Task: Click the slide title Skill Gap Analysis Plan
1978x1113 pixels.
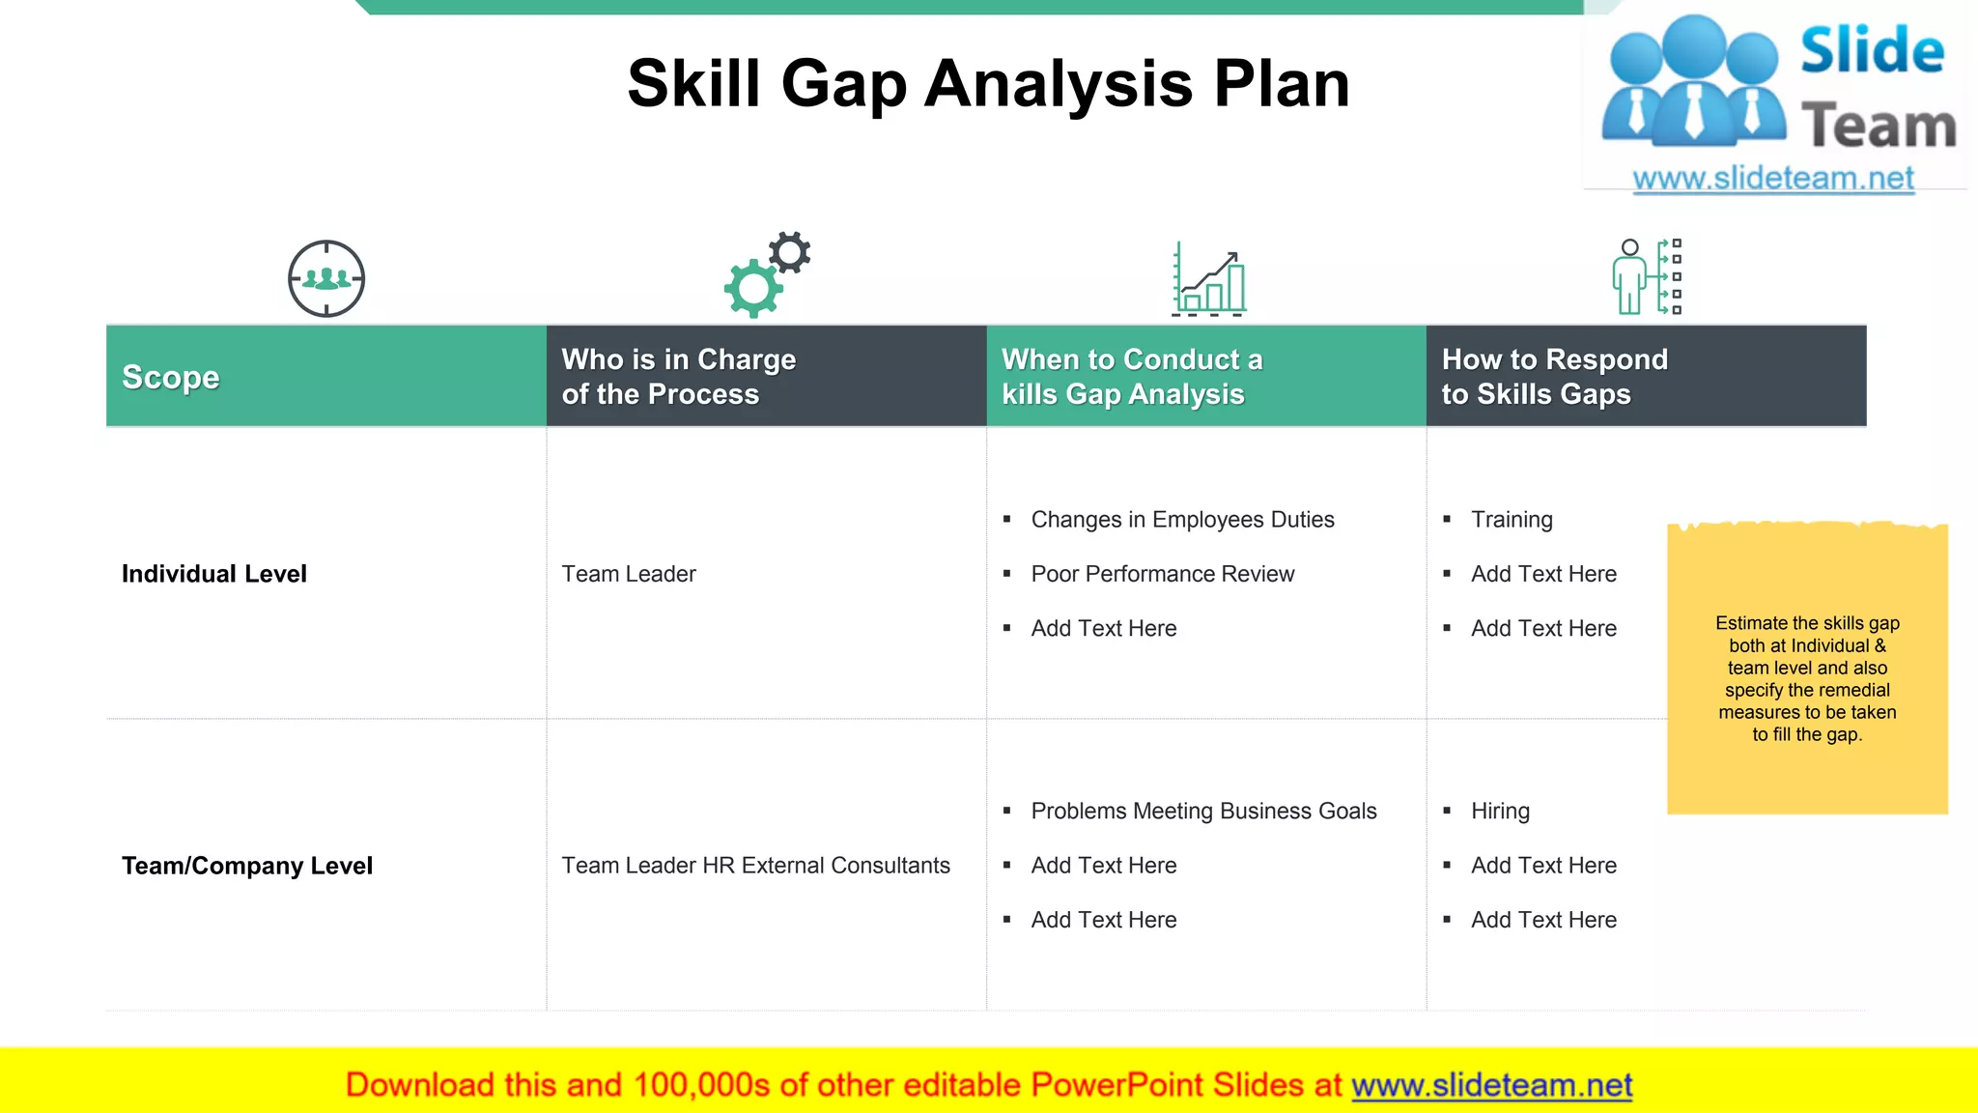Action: pyautogui.click(x=988, y=84)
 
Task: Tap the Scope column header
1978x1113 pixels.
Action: pyautogui.click(x=171, y=377)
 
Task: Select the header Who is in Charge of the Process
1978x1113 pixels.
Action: pyautogui.click(x=679, y=377)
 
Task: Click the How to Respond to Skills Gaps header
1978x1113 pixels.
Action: pyautogui.click(x=1554, y=377)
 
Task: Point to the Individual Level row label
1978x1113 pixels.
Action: pyautogui.click(x=214, y=574)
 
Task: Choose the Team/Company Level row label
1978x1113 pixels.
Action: pyautogui.click(x=247, y=866)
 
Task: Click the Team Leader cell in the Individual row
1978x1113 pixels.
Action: pyautogui.click(x=629, y=574)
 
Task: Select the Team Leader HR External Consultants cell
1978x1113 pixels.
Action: pyautogui.click(x=756, y=866)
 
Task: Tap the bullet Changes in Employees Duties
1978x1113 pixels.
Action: pyautogui.click(x=1182, y=520)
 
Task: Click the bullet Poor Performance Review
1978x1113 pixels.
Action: pyautogui.click(x=1162, y=574)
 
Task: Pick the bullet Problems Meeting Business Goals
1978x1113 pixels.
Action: pyautogui.click(x=1203, y=812)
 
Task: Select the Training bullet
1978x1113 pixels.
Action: pyautogui.click(x=1512, y=520)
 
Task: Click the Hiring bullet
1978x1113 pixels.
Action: pyautogui.click(x=1500, y=812)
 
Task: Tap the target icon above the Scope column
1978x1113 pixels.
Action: pyautogui.click(x=326, y=278)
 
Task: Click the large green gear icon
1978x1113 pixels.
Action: pyautogui.click(x=753, y=288)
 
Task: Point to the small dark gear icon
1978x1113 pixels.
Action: pyautogui.click(x=790, y=253)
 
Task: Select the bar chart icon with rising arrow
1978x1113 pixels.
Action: pyautogui.click(x=1209, y=280)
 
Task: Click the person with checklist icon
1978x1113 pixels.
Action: pyautogui.click(x=1647, y=277)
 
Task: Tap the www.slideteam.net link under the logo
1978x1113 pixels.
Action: pyautogui.click(x=1773, y=179)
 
